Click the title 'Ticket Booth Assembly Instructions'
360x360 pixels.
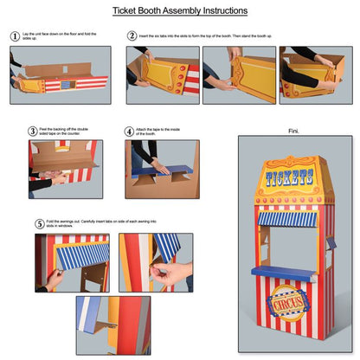click(x=179, y=11)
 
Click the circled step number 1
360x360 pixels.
click(x=15, y=36)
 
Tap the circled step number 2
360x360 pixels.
click(x=132, y=36)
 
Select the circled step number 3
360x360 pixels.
click(x=32, y=132)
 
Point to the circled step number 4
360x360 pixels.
click(x=129, y=132)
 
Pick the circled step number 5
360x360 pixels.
click(x=40, y=222)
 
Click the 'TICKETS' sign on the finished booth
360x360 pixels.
click(x=292, y=180)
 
